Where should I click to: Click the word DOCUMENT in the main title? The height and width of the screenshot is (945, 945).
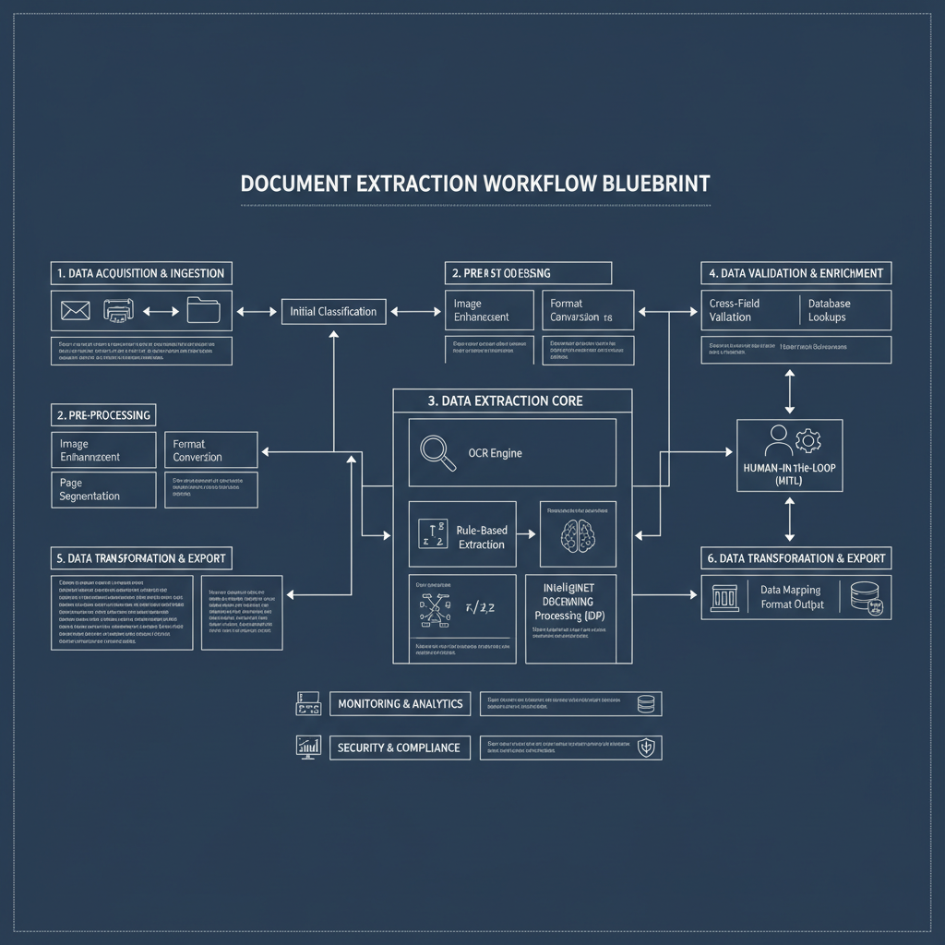pyautogui.click(x=294, y=183)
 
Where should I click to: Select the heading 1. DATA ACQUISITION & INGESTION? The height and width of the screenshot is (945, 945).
pyautogui.click(x=141, y=273)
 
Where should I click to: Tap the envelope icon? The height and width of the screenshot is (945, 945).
pyautogui.click(x=75, y=311)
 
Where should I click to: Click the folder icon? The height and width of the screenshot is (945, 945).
pyautogui.click(x=203, y=310)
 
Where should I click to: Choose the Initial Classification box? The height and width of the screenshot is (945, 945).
pyautogui.click(x=333, y=311)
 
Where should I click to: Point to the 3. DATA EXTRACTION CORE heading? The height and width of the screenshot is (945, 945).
pyautogui.click(x=512, y=401)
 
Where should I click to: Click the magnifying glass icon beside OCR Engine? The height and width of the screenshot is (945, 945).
pyautogui.click(x=437, y=452)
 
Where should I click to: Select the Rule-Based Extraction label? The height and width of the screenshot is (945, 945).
pyautogui.click(x=481, y=537)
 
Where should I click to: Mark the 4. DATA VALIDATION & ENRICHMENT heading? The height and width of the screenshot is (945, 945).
pyautogui.click(x=796, y=273)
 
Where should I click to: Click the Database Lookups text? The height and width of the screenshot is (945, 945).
pyautogui.click(x=829, y=310)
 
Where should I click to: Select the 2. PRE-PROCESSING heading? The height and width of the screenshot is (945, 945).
pyautogui.click(x=103, y=415)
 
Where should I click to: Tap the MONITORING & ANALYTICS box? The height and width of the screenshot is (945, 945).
pyautogui.click(x=400, y=704)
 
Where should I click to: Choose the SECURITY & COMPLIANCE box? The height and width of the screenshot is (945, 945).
pyautogui.click(x=400, y=748)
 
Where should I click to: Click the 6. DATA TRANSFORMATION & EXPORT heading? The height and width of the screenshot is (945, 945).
pyautogui.click(x=796, y=558)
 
